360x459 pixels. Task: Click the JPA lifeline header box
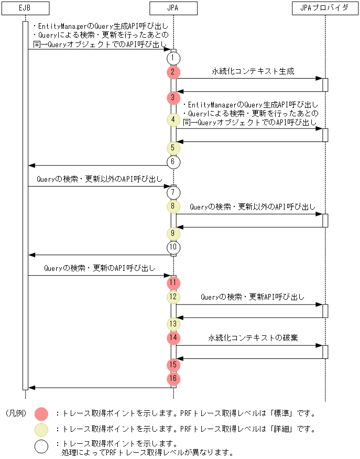point(173,8)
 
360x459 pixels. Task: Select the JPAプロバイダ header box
point(325,8)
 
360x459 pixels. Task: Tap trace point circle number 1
point(173,58)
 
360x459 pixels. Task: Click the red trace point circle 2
point(173,72)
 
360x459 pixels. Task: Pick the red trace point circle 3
point(173,97)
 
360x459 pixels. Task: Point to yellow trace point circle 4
point(173,120)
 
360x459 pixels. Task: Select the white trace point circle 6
point(173,162)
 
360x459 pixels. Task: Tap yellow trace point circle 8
point(173,206)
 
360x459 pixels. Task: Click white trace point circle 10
point(173,247)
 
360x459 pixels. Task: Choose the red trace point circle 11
point(173,283)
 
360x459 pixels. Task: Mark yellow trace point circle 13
point(173,323)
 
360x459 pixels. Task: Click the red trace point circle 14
point(173,337)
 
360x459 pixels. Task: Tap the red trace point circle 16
point(173,378)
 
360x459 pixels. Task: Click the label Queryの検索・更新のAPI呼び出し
point(100,268)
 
